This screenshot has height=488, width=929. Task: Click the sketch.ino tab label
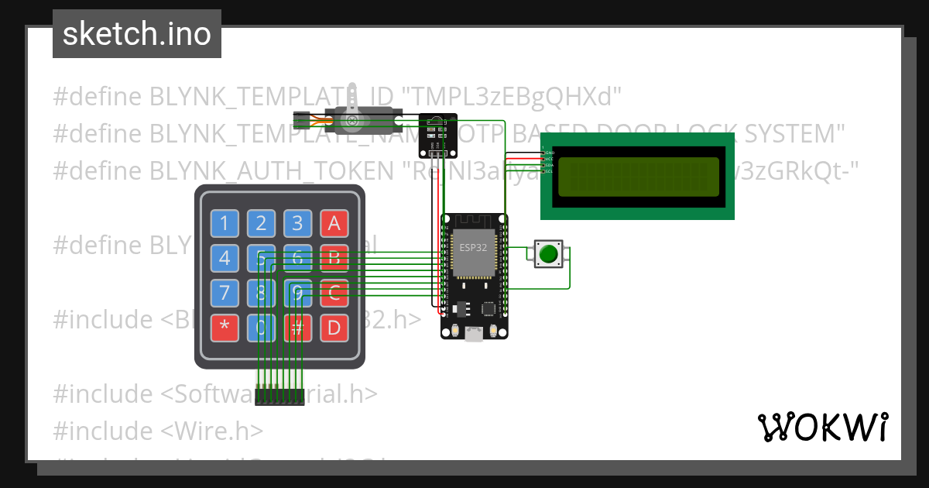click(x=136, y=34)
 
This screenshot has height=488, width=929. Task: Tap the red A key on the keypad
click(x=334, y=224)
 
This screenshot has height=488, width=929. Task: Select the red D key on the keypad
click(x=334, y=328)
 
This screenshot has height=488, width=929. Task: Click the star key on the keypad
click(x=225, y=328)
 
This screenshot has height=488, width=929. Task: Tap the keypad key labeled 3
click(x=297, y=224)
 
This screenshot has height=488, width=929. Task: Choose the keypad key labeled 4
click(x=225, y=258)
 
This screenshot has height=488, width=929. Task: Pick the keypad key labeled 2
click(x=261, y=224)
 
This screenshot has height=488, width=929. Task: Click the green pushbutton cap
click(x=549, y=254)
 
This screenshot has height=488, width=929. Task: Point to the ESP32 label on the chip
click(x=472, y=248)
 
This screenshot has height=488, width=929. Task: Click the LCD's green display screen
click(x=637, y=176)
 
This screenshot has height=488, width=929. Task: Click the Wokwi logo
click(x=821, y=427)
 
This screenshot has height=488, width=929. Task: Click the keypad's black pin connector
click(x=279, y=397)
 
